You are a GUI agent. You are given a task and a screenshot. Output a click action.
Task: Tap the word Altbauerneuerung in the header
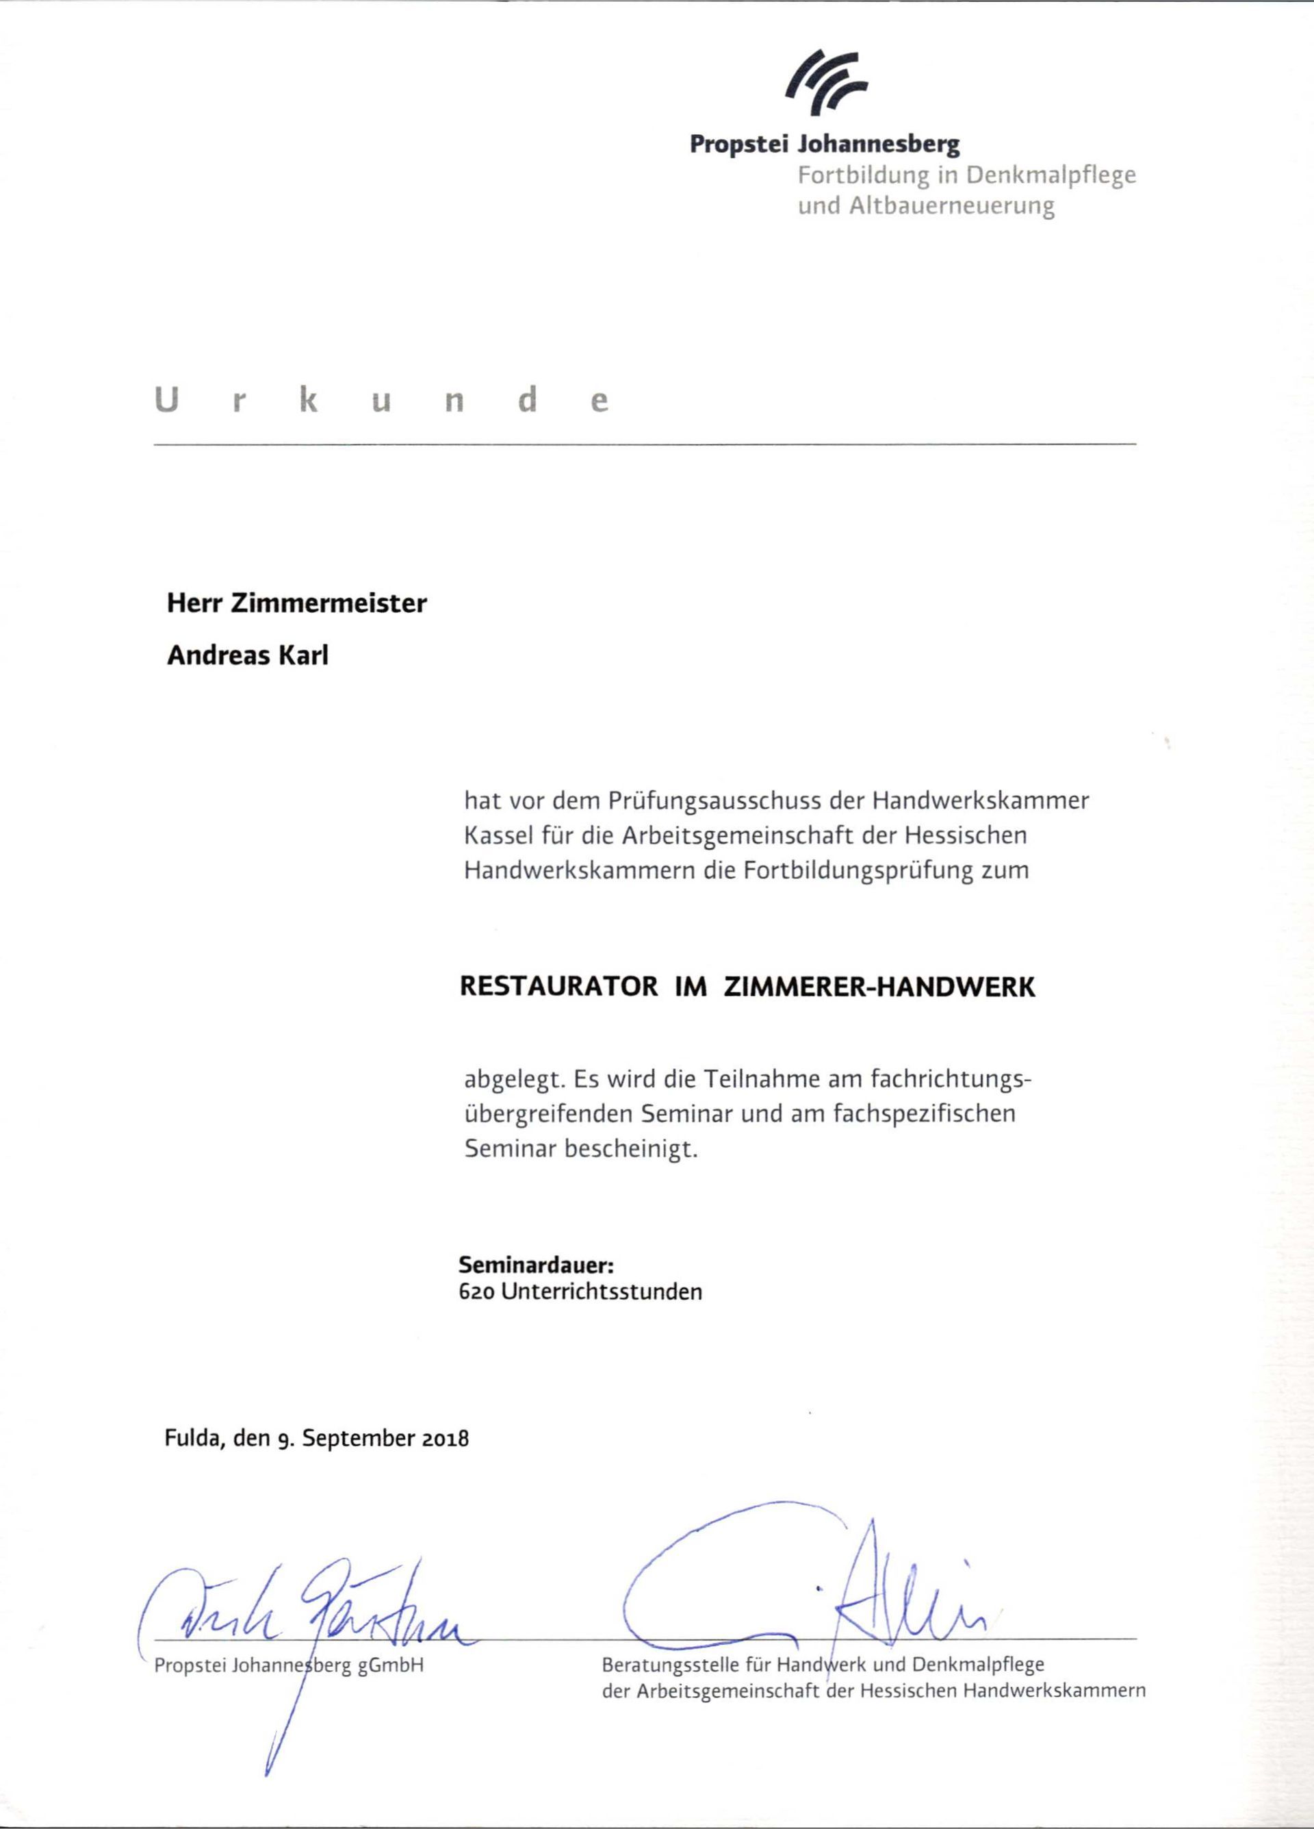point(951,205)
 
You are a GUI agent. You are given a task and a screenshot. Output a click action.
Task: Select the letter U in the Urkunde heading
point(165,401)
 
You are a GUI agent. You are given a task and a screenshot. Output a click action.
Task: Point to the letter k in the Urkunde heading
point(309,401)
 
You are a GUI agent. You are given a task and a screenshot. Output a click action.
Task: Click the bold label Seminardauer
point(536,1263)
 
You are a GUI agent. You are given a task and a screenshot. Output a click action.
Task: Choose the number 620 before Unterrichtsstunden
point(476,1292)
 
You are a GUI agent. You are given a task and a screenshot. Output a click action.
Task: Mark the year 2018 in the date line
point(446,1439)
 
